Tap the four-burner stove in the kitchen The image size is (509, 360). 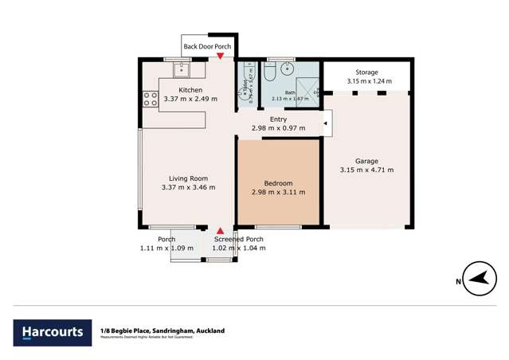pos(149,99)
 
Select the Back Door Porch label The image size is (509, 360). pos(207,46)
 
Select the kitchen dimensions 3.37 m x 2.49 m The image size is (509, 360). pos(190,100)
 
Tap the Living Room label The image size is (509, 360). pos(188,178)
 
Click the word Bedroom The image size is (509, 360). pos(279,183)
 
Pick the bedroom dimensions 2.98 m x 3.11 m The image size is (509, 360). pos(279,192)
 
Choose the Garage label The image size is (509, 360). pos(366,160)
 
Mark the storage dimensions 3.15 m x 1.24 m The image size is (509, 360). pos(366,80)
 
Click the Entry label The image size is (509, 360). pos(278,119)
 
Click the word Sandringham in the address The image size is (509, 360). pos(166,331)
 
